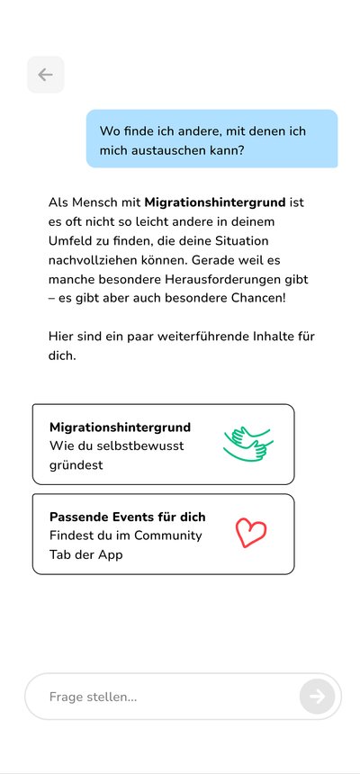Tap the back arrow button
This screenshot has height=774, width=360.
click(x=45, y=75)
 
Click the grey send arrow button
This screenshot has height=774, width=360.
click(x=317, y=696)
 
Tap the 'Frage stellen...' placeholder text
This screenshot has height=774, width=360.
click(x=93, y=697)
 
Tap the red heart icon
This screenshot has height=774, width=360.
click(x=251, y=533)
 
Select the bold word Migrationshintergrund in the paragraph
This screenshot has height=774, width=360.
click(x=214, y=202)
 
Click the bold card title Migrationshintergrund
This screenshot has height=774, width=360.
click(x=120, y=427)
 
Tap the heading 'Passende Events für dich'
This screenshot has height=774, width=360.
click(x=127, y=517)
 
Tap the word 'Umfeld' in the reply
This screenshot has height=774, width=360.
click(x=71, y=241)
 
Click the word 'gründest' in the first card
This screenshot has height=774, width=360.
click(x=76, y=465)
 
